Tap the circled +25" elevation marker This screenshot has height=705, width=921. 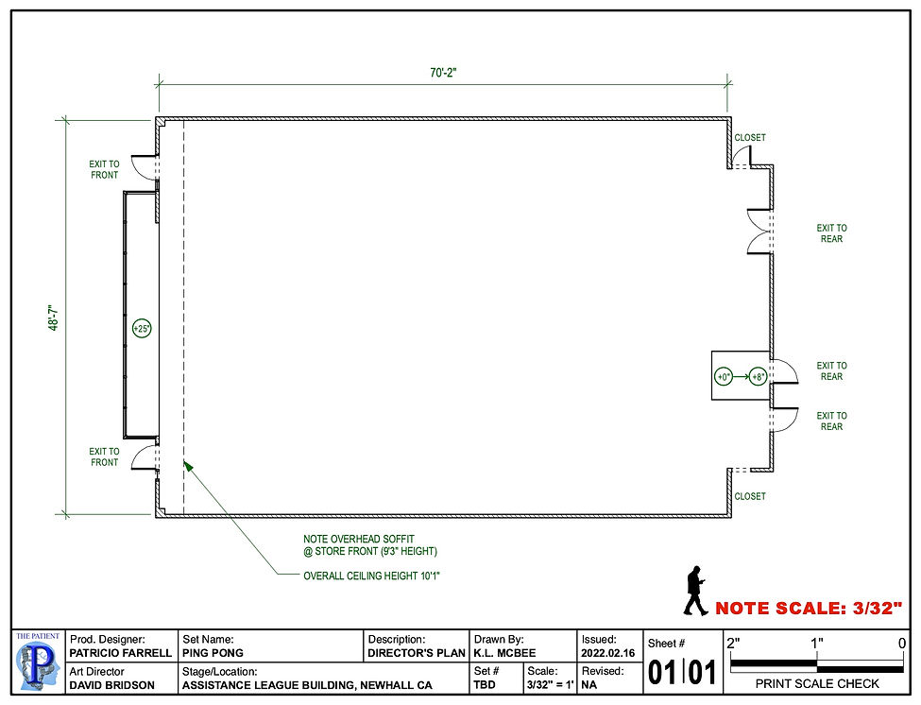click(x=142, y=329)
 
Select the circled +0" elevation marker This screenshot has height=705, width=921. click(x=725, y=376)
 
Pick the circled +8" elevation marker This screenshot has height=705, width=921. click(x=757, y=376)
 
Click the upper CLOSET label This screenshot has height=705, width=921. click(x=750, y=138)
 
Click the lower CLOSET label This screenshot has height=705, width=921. click(x=750, y=496)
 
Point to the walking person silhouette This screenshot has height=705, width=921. click(x=694, y=591)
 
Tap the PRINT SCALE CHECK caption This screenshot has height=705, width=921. click(x=818, y=683)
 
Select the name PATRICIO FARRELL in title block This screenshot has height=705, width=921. click(x=120, y=653)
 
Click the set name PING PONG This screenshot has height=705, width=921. click(x=213, y=653)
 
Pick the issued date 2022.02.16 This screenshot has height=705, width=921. click(x=608, y=653)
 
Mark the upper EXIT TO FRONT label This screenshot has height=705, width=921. click(x=105, y=169)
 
